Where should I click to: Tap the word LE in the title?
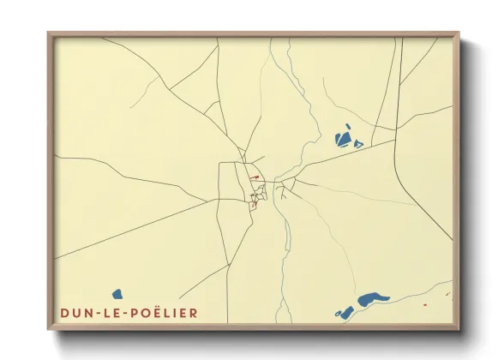click(109, 314)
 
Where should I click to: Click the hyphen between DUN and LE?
click(94, 314)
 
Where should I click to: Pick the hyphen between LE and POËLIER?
click(123, 314)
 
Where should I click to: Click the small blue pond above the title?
click(117, 294)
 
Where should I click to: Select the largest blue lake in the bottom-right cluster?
click(370, 300)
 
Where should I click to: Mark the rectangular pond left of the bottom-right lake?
click(346, 309)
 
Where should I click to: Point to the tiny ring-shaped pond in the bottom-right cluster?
click(339, 314)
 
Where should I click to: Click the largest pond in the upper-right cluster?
click(344, 138)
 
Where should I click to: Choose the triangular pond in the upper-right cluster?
click(358, 144)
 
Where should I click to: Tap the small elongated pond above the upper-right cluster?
click(349, 128)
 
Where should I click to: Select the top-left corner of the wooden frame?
click(50, 34)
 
